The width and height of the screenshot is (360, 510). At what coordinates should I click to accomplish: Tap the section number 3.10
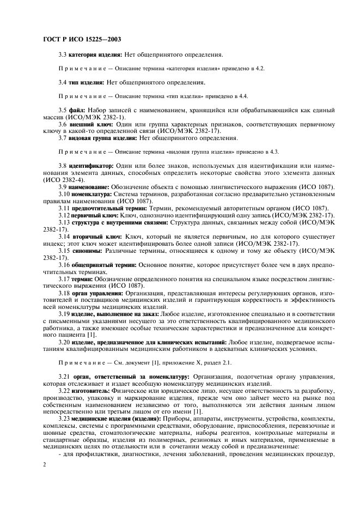click(64, 194)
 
